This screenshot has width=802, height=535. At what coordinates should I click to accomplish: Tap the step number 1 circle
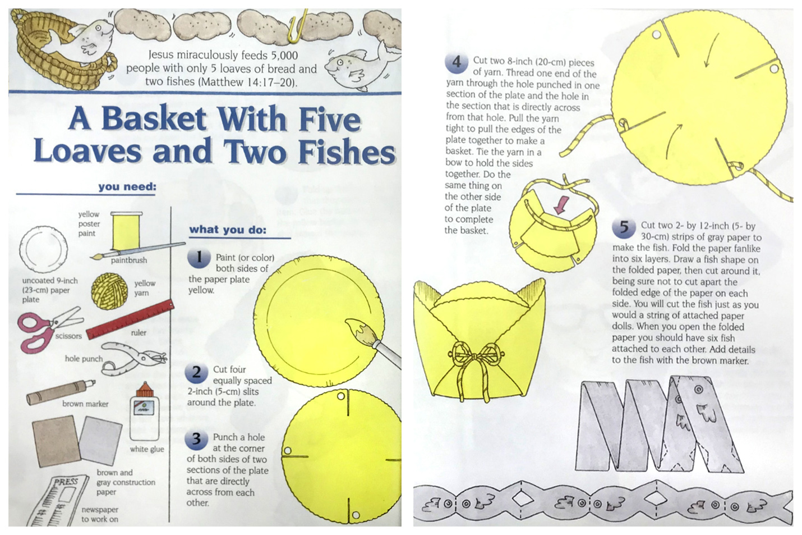pos(199,259)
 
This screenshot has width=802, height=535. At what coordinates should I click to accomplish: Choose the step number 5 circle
pos(624,227)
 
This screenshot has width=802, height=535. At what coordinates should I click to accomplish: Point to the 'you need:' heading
pos(127,187)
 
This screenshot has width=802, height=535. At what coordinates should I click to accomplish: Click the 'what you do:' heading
pos(227,230)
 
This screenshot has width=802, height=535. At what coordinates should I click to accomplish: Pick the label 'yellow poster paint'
pos(89,223)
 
